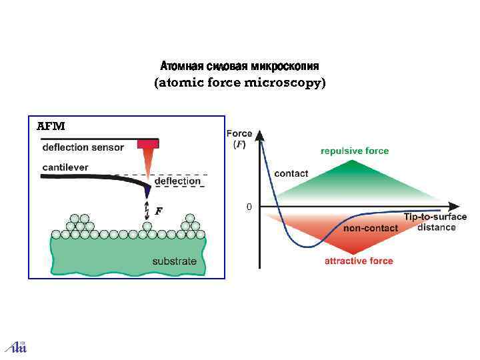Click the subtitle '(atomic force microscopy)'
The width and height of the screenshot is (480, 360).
point(240,83)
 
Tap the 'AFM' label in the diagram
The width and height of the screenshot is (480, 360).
point(50,126)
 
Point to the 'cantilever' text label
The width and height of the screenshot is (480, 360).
point(65,167)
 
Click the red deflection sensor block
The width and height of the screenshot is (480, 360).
point(147,143)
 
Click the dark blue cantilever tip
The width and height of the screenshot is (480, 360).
point(147,191)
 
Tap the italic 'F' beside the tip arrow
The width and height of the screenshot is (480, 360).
point(159,211)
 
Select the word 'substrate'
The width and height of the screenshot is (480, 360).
point(174,261)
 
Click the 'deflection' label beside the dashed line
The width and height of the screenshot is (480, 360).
point(177,181)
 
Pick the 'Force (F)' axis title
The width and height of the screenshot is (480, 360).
point(239,139)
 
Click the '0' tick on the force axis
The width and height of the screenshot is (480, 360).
point(249,207)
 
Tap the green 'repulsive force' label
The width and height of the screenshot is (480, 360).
point(355,151)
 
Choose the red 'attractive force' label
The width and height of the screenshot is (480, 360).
point(359,261)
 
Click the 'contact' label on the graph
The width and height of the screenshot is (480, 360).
point(291,173)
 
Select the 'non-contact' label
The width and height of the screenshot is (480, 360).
point(370,228)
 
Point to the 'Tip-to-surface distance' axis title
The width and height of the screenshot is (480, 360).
point(435,222)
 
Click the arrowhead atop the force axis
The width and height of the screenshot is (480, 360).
point(259,133)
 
